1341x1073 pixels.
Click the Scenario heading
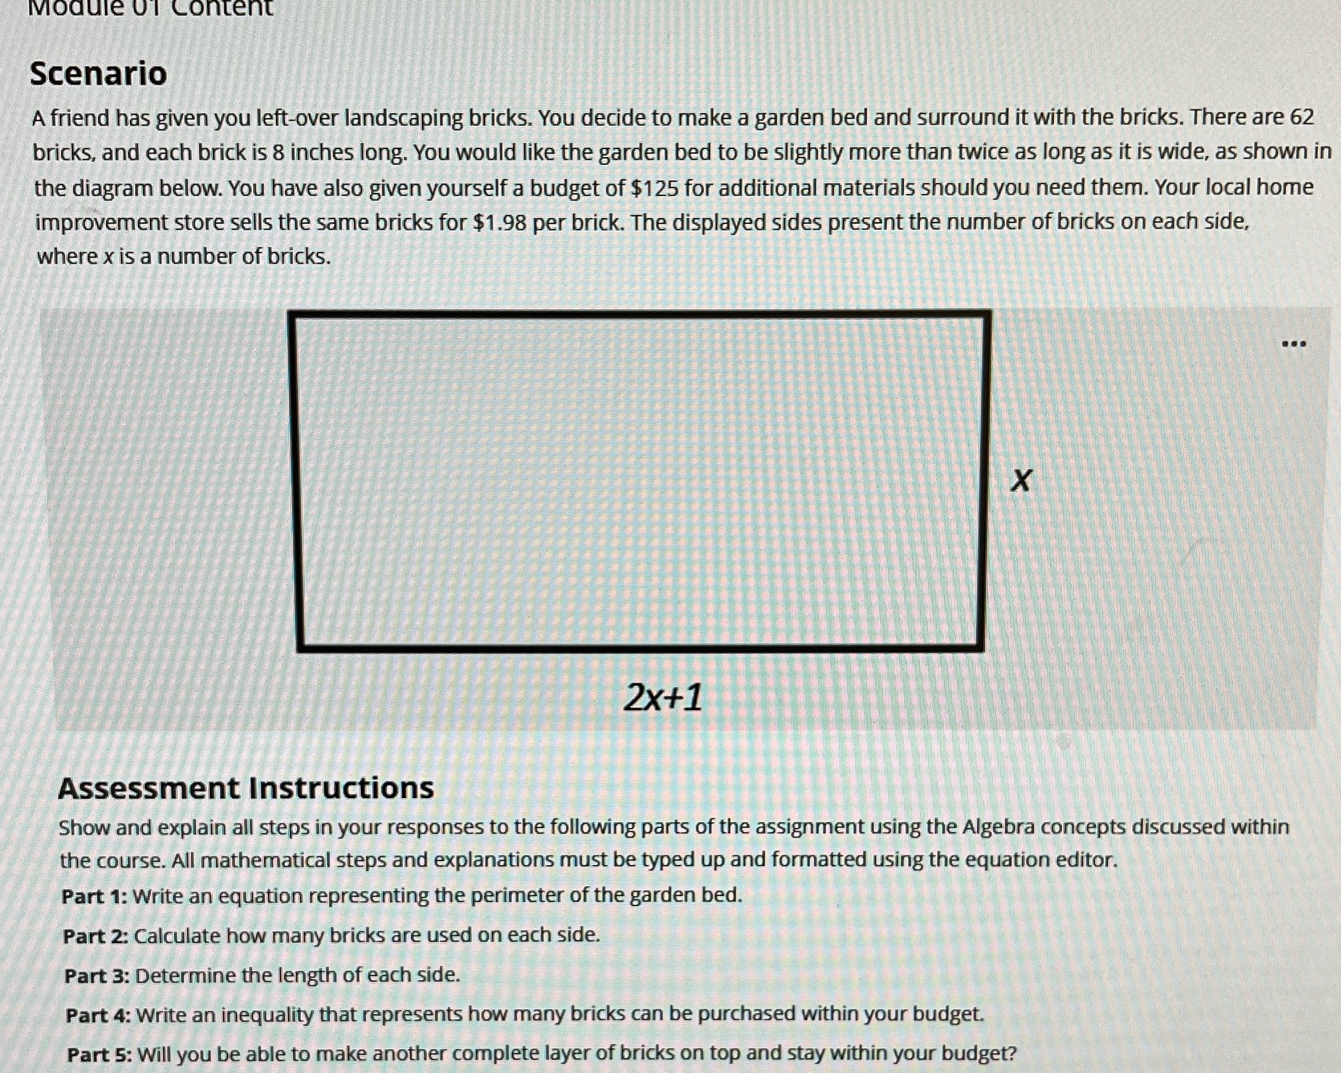pos(98,73)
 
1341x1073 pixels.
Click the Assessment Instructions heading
pos(246,788)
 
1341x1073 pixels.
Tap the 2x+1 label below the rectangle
pos(663,698)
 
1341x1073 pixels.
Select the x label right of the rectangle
pos(1021,480)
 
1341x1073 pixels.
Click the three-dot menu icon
pos(1293,344)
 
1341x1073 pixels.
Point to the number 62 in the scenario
pos(1301,117)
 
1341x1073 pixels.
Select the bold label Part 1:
pos(94,897)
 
